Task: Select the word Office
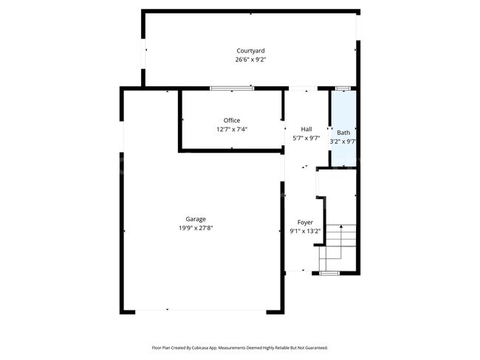pos(232,120)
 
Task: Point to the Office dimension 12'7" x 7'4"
pos(232,129)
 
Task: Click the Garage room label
pos(196,218)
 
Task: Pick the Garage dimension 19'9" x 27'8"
pos(196,228)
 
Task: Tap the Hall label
pos(306,129)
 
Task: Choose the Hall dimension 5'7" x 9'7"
pos(306,138)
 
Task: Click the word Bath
pos(344,133)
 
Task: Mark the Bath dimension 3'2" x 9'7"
pos(344,142)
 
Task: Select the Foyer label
pos(305,222)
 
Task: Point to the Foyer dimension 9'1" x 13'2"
pos(305,231)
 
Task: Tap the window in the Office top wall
pos(232,88)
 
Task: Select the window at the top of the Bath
pos(343,88)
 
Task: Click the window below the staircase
pos(330,273)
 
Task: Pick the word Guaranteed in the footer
pos(315,347)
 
